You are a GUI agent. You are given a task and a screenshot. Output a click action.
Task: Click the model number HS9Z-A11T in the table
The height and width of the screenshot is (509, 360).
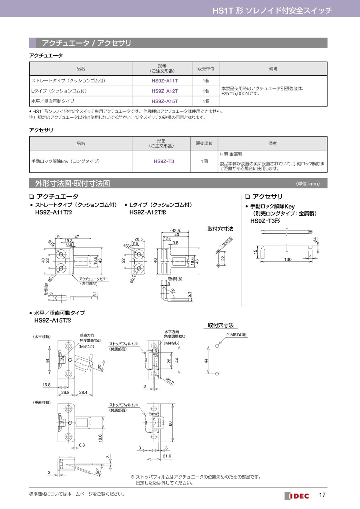(x=165, y=80)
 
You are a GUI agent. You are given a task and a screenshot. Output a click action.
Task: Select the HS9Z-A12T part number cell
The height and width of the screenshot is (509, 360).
(x=165, y=91)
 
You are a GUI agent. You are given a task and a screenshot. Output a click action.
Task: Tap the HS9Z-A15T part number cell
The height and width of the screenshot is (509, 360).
(x=165, y=101)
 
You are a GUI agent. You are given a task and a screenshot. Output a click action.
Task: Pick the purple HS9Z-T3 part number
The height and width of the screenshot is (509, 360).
(x=164, y=161)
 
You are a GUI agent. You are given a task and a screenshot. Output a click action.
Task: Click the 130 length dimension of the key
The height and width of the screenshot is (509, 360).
(x=288, y=260)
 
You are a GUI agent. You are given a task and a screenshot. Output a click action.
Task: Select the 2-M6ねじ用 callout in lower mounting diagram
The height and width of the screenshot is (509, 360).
(x=236, y=335)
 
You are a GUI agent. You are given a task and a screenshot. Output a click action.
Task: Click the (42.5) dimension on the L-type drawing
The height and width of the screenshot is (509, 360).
(x=176, y=230)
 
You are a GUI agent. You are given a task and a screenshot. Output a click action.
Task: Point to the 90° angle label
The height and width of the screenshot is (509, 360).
(x=173, y=291)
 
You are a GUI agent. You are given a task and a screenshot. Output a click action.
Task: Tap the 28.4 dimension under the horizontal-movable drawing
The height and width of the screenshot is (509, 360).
(x=84, y=393)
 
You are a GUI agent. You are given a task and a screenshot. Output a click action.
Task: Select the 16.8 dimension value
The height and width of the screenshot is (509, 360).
(x=46, y=385)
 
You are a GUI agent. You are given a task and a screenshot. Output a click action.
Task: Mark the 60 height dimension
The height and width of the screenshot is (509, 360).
(x=170, y=424)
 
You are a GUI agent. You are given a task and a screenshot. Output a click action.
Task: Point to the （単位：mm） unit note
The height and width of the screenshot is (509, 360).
(x=308, y=184)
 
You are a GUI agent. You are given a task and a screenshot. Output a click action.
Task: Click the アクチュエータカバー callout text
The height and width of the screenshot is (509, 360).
(x=94, y=279)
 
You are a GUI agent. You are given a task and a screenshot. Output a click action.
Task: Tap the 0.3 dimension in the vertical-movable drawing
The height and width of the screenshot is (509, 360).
(x=82, y=445)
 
